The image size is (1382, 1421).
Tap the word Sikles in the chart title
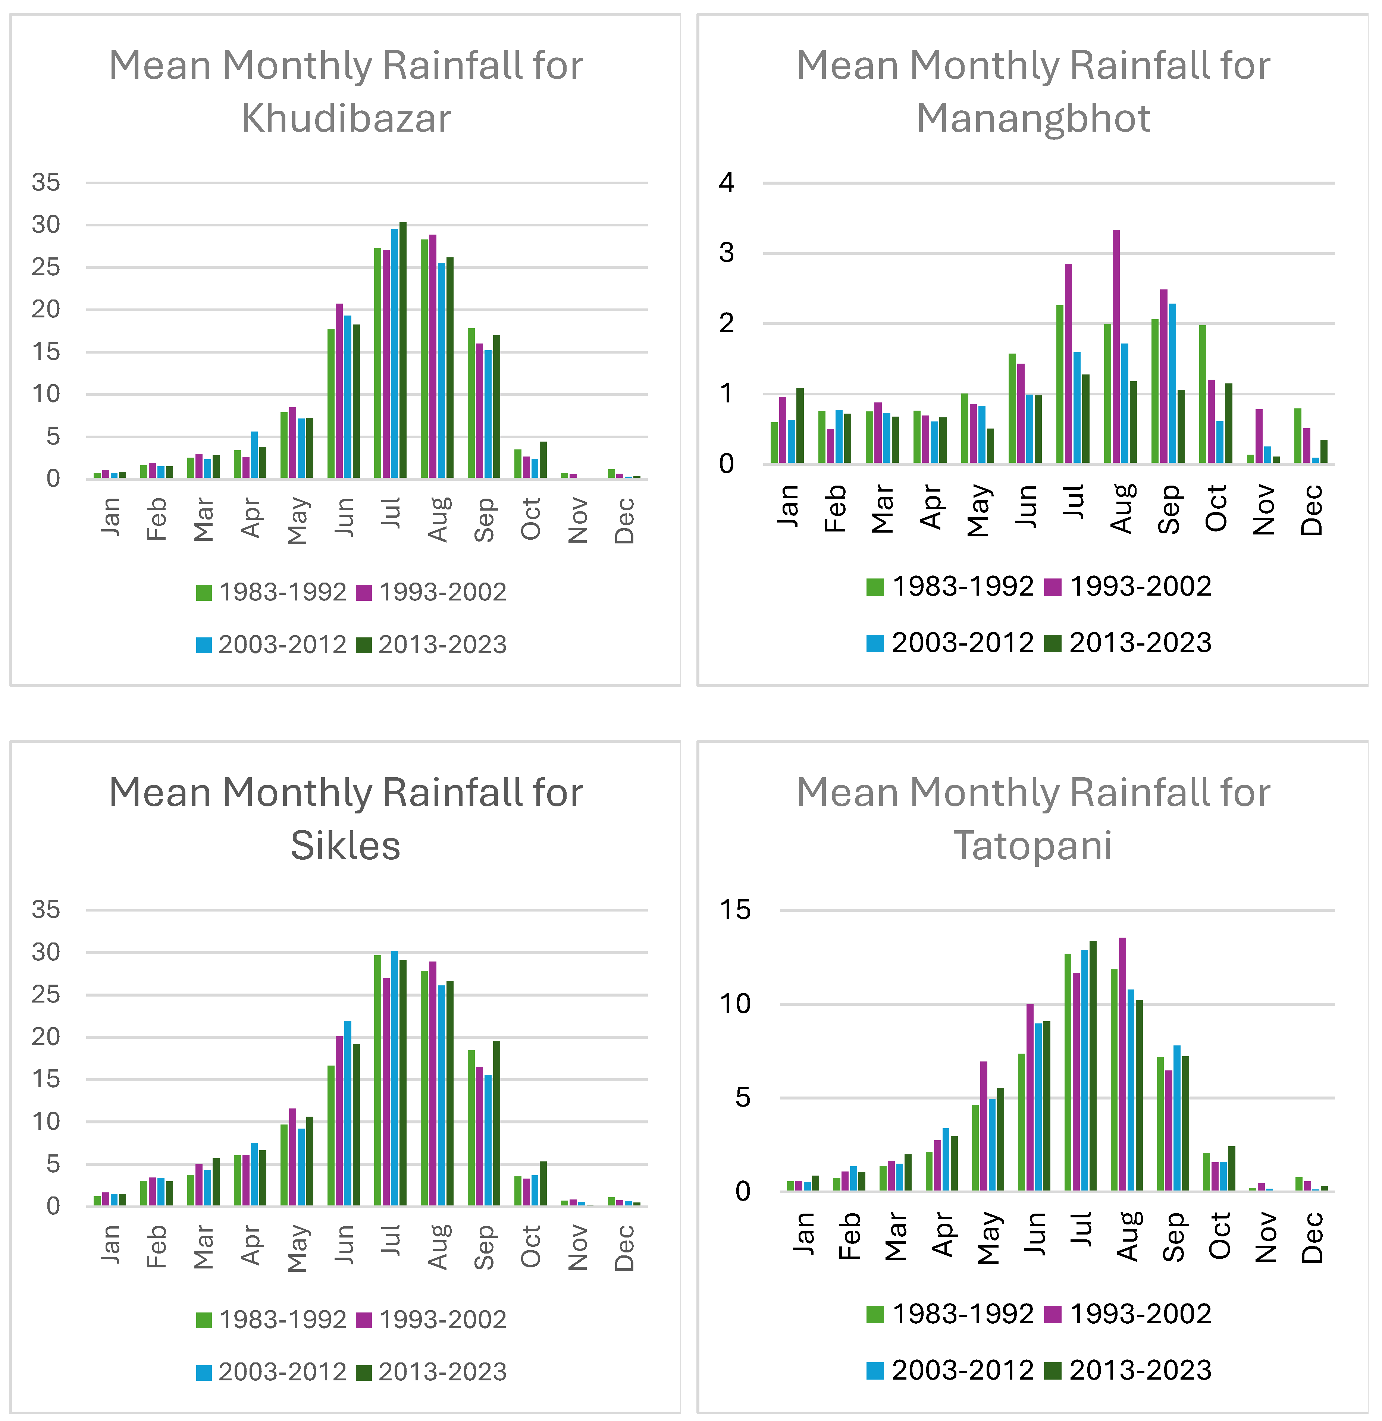click(x=345, y=846)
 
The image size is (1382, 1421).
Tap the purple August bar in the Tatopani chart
click(x=1122, y=1065)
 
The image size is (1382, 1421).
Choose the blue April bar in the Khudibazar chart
click(x=254, y=455)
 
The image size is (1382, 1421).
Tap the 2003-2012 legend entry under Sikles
click(x=272, y=1372)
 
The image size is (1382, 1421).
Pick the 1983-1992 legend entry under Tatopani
click(x=950, y=1314)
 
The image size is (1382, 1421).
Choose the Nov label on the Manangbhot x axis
click(x=1265, y=510)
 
